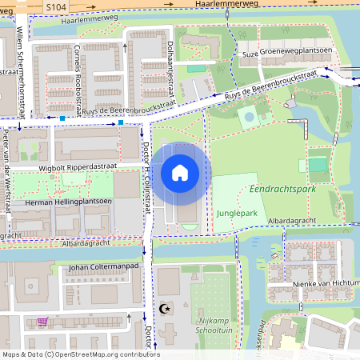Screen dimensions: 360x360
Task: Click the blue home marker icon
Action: point(180,172)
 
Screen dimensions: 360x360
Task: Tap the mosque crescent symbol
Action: point(167,307)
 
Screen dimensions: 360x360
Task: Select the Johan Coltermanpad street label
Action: point(100,267)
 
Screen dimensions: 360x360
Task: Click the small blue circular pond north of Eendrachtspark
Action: point(250,117)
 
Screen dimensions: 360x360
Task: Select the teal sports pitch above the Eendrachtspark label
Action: point(318,166)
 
